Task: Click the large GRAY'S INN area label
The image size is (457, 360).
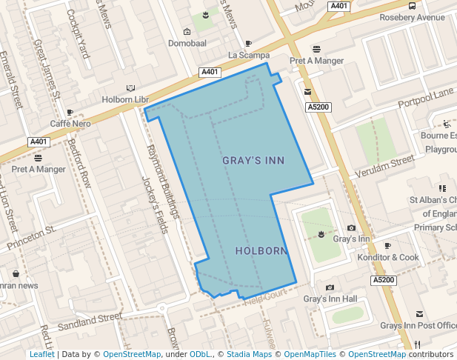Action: pyautogui.click(x=253, y=160)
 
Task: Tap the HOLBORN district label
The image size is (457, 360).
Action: pyautogui.click(x=261, y=251)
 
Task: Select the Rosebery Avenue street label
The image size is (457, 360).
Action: pyautogui.click(x=412, y=18)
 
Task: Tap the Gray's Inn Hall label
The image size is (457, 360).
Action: pyautogui.click(x=330, y=299)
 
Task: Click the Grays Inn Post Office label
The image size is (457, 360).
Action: pyautogui.click(x=418, y=325)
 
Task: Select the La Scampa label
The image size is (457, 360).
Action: pyautogui.click(x=247, y=55)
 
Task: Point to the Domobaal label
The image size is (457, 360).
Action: pyautogui.click(x=187, y=42)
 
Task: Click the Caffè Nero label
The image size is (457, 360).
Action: pyautogui.click(x=70, y=123)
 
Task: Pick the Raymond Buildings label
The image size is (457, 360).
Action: pyautogui.click(x=162, y=181)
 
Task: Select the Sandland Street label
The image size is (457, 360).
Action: pyautogui.click(x=90, y=321)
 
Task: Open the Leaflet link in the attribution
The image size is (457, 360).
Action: pyautogui.click(x=41, y=354)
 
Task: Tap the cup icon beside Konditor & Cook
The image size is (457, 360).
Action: pyautogui.click(x=387, y=245)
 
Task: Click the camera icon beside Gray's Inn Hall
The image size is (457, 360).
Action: pyautogui.click(x=330, y=287)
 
